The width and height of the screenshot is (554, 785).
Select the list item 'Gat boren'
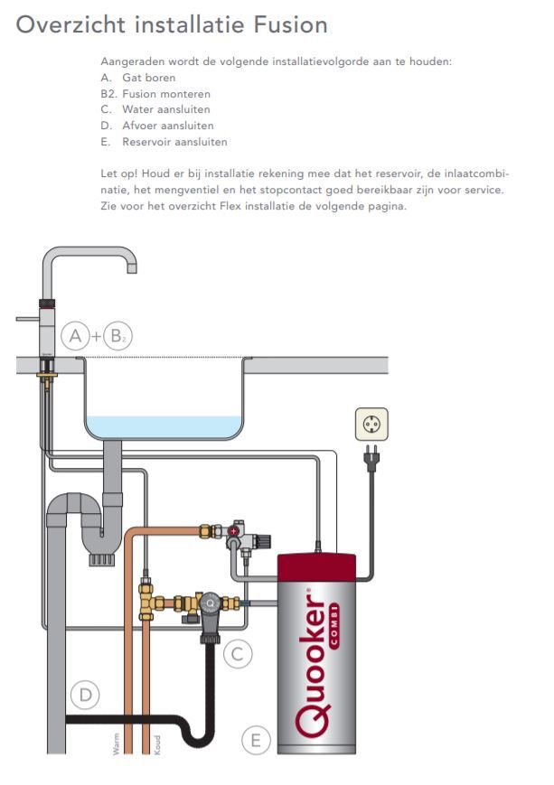tap(149, 78)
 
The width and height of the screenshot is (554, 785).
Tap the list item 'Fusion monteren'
tap(166, 94)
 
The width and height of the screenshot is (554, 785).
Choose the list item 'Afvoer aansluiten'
tap(168, 126)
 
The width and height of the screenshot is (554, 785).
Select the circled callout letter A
tap(76, 337)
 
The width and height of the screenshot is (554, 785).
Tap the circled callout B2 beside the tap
tap(117, 337)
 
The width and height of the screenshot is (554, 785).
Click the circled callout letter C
tap(237, 653)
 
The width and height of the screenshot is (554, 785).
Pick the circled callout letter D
tap(85, 695)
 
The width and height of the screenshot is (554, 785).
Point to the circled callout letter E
tap(256, 741)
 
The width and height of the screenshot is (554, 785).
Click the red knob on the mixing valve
tap(234, 532)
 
